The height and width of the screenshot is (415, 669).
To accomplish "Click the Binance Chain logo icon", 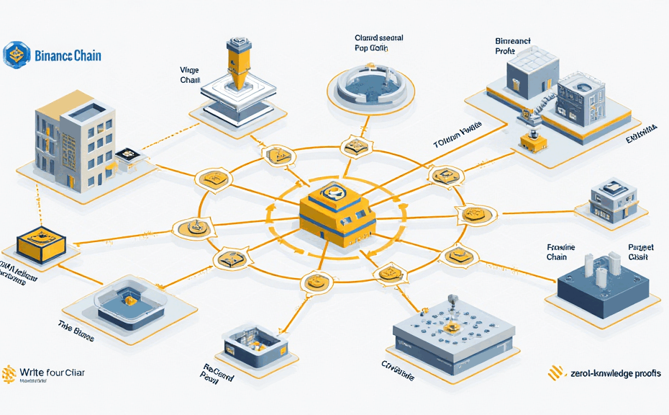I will [15, 55].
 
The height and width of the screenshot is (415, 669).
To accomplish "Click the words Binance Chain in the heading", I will [67, 55].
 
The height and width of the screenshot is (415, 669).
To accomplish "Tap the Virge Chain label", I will [190, 75].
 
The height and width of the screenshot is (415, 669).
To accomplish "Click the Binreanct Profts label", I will [513, 46].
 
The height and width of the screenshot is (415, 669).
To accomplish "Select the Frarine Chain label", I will [561, 251].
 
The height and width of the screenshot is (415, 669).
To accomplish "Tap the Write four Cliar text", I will [53, 372].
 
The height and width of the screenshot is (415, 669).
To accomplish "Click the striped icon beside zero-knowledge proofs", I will [555, 372].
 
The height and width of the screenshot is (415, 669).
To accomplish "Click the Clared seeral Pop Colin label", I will [379, 43].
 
